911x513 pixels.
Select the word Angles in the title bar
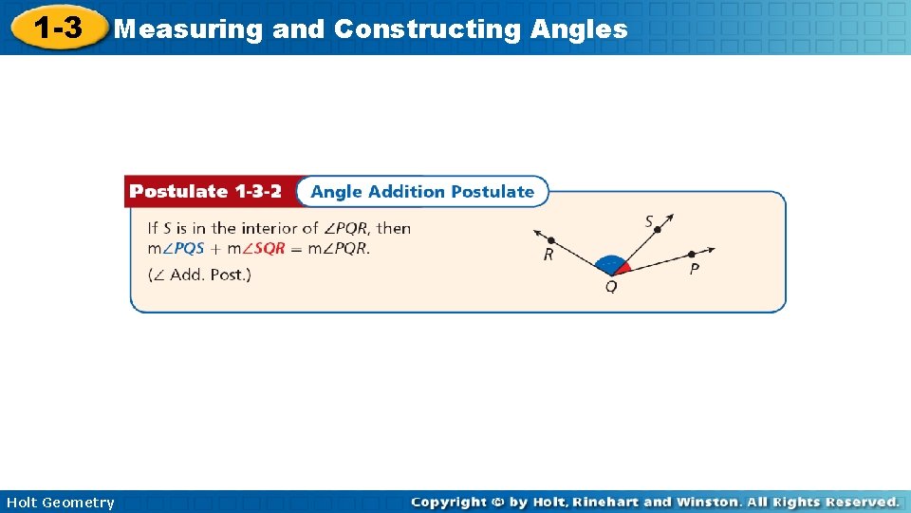coord(579,29)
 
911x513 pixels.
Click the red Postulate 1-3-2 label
coord(206,192)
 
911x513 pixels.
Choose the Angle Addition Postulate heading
coord(422,192)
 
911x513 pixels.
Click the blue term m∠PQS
coord(176,249)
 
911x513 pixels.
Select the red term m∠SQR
coord(256,249)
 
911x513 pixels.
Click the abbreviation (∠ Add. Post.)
coord(199,275)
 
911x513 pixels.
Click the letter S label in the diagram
coord(650,222)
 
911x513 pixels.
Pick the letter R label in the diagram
coord(548,255)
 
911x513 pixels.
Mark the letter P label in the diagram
coord(695,270)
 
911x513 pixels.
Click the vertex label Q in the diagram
coord(610,287)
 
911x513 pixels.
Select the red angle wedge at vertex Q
coord(623,268)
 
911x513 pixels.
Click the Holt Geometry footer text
coord(60,503)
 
